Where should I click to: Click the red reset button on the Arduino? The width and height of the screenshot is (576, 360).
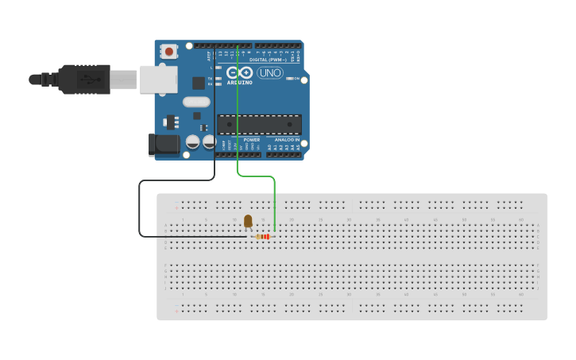(168, 51)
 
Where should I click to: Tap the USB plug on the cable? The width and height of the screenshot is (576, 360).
(84, 79)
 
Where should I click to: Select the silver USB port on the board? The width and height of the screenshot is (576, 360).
(158, 79)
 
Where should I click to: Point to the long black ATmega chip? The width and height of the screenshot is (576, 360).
(260, 125)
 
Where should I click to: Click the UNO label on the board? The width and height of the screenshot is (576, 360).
(270, 73)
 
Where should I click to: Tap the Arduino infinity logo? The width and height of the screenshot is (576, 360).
(239, 73)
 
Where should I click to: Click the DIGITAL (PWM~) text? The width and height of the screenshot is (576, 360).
(269, 60)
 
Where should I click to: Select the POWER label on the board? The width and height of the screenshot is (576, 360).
(252, 140)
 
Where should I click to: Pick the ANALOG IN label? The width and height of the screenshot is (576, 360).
(288, 140)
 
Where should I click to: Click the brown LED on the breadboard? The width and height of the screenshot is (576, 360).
(248, 221)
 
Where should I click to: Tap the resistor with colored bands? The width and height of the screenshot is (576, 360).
(264, 236)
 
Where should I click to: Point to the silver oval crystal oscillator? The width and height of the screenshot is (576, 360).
(196, 102)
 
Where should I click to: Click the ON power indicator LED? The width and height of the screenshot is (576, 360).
(288, 79)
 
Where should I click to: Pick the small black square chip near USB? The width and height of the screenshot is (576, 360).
(198, 83)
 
